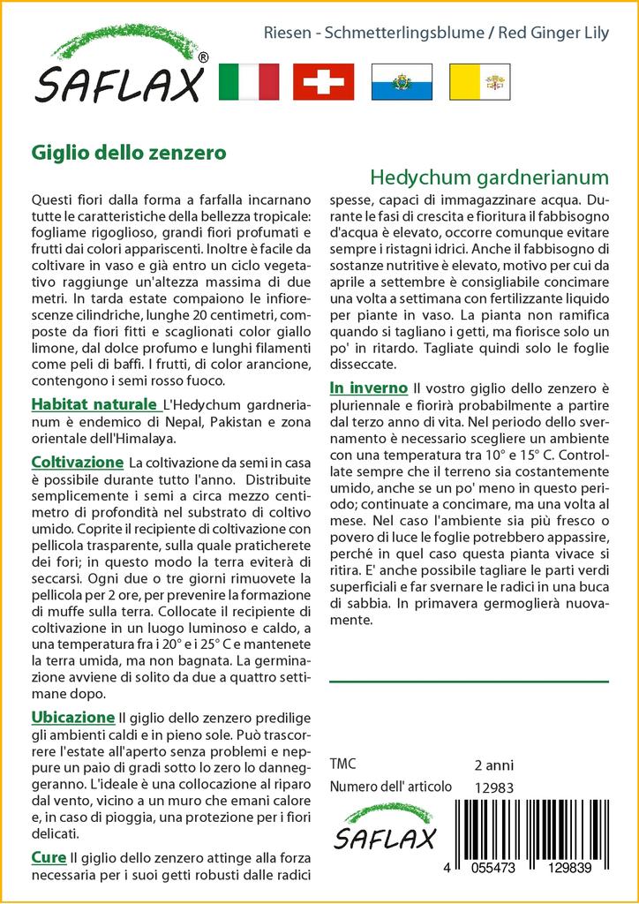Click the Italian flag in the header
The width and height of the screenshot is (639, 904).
pyautogui.click(x=248, y=81)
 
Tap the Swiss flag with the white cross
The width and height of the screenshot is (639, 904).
pyautogui.click(x=323, y=81)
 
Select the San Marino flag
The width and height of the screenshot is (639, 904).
pyautogui.click(x=400, y=81)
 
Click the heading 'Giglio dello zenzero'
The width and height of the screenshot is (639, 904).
pyautogui.click(x=129, y=152)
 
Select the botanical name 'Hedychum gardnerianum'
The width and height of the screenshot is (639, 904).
pyautogui.click(x=489, y=177)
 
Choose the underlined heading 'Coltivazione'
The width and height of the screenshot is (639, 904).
pyautogui.click(x=77, y=463)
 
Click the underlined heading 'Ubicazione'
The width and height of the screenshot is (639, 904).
pyautogui.click(x=72, y=717)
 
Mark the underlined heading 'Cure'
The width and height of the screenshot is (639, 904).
pyautogui.click(x=49, y=856)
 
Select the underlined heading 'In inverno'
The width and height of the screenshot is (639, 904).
pyautogui.click(x=368, y=388)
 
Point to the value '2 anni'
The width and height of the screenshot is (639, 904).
pyautogui.click(x=493, y=765)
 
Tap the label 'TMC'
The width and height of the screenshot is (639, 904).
pyautogui.click(x=342, y=765)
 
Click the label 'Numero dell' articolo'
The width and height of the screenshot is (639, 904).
pyautogui.click(x=390, y=787)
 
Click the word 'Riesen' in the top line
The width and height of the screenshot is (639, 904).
pyautogui.click(x=284, y=33)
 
